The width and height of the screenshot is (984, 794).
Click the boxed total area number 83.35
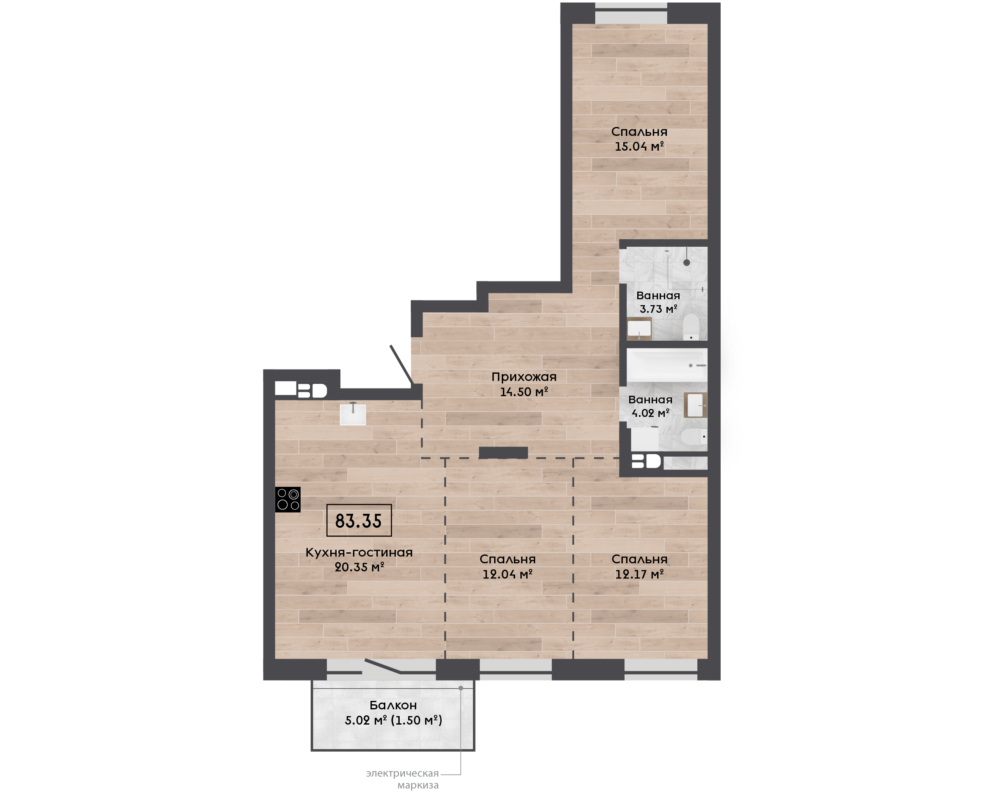point(359,521)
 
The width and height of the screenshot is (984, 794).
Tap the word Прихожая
point(524,377)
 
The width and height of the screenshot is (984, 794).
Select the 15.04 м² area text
point(639,146)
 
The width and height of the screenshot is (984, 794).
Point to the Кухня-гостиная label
point(359,552)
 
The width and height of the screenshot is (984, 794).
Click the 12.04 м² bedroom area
point(507,574)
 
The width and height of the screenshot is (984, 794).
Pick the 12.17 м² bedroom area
point(639,574)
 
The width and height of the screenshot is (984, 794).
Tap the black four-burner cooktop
point(288,499)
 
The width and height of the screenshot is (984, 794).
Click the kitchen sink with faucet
point(353,414)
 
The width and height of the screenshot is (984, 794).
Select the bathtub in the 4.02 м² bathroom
point(666,364)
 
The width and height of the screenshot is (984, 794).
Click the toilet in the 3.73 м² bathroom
point(691,327)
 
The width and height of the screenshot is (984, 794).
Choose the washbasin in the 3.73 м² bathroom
point(639,328)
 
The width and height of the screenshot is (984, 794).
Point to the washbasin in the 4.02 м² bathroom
point(695,405)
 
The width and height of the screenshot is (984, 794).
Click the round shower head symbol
point(687,262)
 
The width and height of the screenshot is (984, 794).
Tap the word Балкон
point(393,705)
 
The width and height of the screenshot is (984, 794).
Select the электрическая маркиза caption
point(402,779)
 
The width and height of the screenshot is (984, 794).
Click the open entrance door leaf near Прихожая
point(402,365)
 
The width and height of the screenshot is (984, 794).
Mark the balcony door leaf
point(382,666)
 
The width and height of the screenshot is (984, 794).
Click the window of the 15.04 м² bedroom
point(631,13)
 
